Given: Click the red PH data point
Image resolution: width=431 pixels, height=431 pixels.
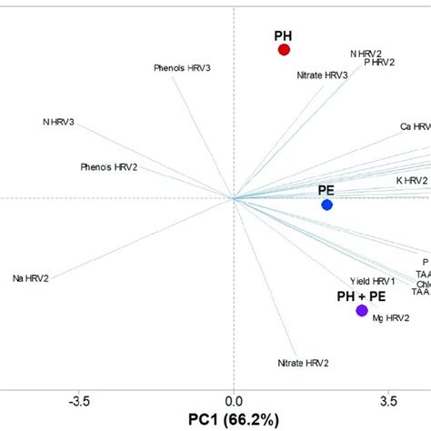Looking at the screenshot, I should pos(283,51).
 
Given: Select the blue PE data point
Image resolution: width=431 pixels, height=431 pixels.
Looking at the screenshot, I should pos(327,205).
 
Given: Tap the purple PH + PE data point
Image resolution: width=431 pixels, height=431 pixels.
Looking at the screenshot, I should pos(362,311).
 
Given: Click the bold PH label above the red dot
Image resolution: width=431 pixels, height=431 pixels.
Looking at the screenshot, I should pos(284,35).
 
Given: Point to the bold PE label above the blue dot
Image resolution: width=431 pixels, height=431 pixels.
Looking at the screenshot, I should pos(327,189).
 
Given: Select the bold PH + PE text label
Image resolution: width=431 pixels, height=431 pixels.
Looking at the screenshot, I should pos(361,296).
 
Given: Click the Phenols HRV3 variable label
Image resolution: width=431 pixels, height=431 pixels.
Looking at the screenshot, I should pos(183,68).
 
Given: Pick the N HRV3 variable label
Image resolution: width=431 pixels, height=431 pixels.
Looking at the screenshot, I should pos(59,122).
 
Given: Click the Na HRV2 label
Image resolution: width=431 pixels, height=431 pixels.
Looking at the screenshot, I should pos(31,278).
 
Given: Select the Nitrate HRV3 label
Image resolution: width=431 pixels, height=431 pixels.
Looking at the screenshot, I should pos(322,75).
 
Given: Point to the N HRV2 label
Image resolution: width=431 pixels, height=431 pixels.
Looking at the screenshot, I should pos(366,54).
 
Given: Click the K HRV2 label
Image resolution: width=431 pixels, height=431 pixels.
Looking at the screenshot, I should pos(411,181).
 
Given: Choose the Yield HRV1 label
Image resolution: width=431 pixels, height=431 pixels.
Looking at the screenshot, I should pos(373,281).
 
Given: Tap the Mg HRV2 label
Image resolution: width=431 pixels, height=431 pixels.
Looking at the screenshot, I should pos(391,318).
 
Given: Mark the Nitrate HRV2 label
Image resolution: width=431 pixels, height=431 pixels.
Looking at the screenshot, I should pos(304,363).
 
